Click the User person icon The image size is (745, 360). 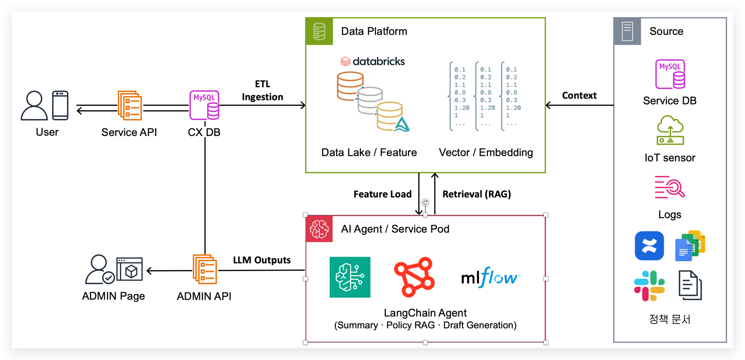click(x=34, y=105)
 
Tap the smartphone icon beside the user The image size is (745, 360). click(x=60, y=105)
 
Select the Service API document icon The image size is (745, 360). click(x=130, y=105)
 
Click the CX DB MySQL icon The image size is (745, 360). click(x=205, y=105)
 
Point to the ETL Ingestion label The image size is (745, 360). click(x=262, y=91)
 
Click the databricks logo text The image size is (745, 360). click(x=373, y=61)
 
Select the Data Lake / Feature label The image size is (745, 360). click(x=369, y=152)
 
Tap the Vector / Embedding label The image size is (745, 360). click(x=486, y=152)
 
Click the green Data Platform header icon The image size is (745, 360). click(x=319, y=31)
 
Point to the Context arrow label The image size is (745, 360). click(x=579, y=96)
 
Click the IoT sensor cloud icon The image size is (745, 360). click(x=670, y=130)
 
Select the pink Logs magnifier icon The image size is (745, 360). click(x=670, y=187)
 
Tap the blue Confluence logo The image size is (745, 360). click(x=649, y=246)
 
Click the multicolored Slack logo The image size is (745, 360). click(x=649, y=286)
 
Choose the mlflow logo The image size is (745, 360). click(x=490, y=278)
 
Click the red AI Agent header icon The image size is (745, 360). click(x=319, y=229)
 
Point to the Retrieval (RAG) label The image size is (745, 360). click(x=476, y=194)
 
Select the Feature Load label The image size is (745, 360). click(x=382, y=194)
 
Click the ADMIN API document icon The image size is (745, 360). click(x=205, y=269)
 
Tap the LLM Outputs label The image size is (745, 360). click(x=261, y=260)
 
